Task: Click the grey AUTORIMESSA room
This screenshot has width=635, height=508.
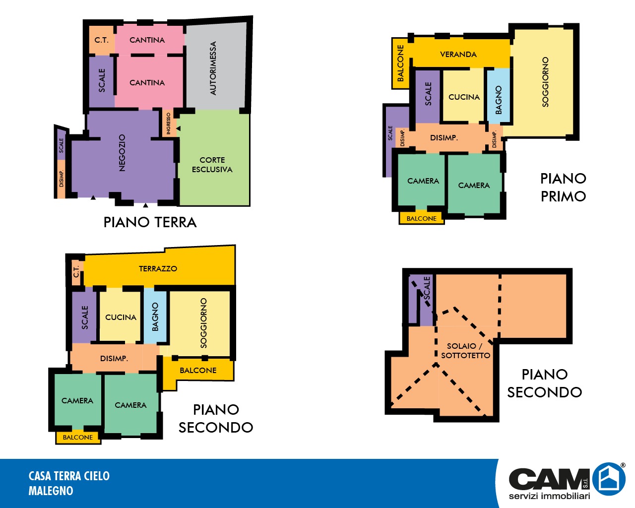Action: pos(216,66)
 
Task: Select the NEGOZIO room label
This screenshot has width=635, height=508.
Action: pos(122,153)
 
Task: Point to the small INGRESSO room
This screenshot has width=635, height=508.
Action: pos(169,123)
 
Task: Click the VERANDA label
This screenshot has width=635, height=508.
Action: pos(458,54)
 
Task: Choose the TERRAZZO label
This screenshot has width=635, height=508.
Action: pos(158,268)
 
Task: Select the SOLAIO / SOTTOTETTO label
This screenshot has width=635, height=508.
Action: pos(465,350)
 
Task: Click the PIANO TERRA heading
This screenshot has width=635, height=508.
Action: pos(150,222)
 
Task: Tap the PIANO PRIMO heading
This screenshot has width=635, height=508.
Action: pos(563,188)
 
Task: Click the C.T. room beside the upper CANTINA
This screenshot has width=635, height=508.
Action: pos(102,40)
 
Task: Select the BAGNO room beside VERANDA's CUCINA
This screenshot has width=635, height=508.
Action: pos(499,96)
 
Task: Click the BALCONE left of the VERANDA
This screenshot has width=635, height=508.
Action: pos(400,63)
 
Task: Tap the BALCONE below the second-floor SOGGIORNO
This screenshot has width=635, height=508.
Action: pos(198,371)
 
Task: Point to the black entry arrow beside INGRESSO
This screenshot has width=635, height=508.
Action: pos(179,128)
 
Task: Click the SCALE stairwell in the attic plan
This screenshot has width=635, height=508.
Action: pos(421,301)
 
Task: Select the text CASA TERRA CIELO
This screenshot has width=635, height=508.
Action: pos(69,476)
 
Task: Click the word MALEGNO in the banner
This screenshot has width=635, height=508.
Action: pos(51,491)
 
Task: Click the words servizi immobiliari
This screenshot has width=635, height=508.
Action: pos(549,496)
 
